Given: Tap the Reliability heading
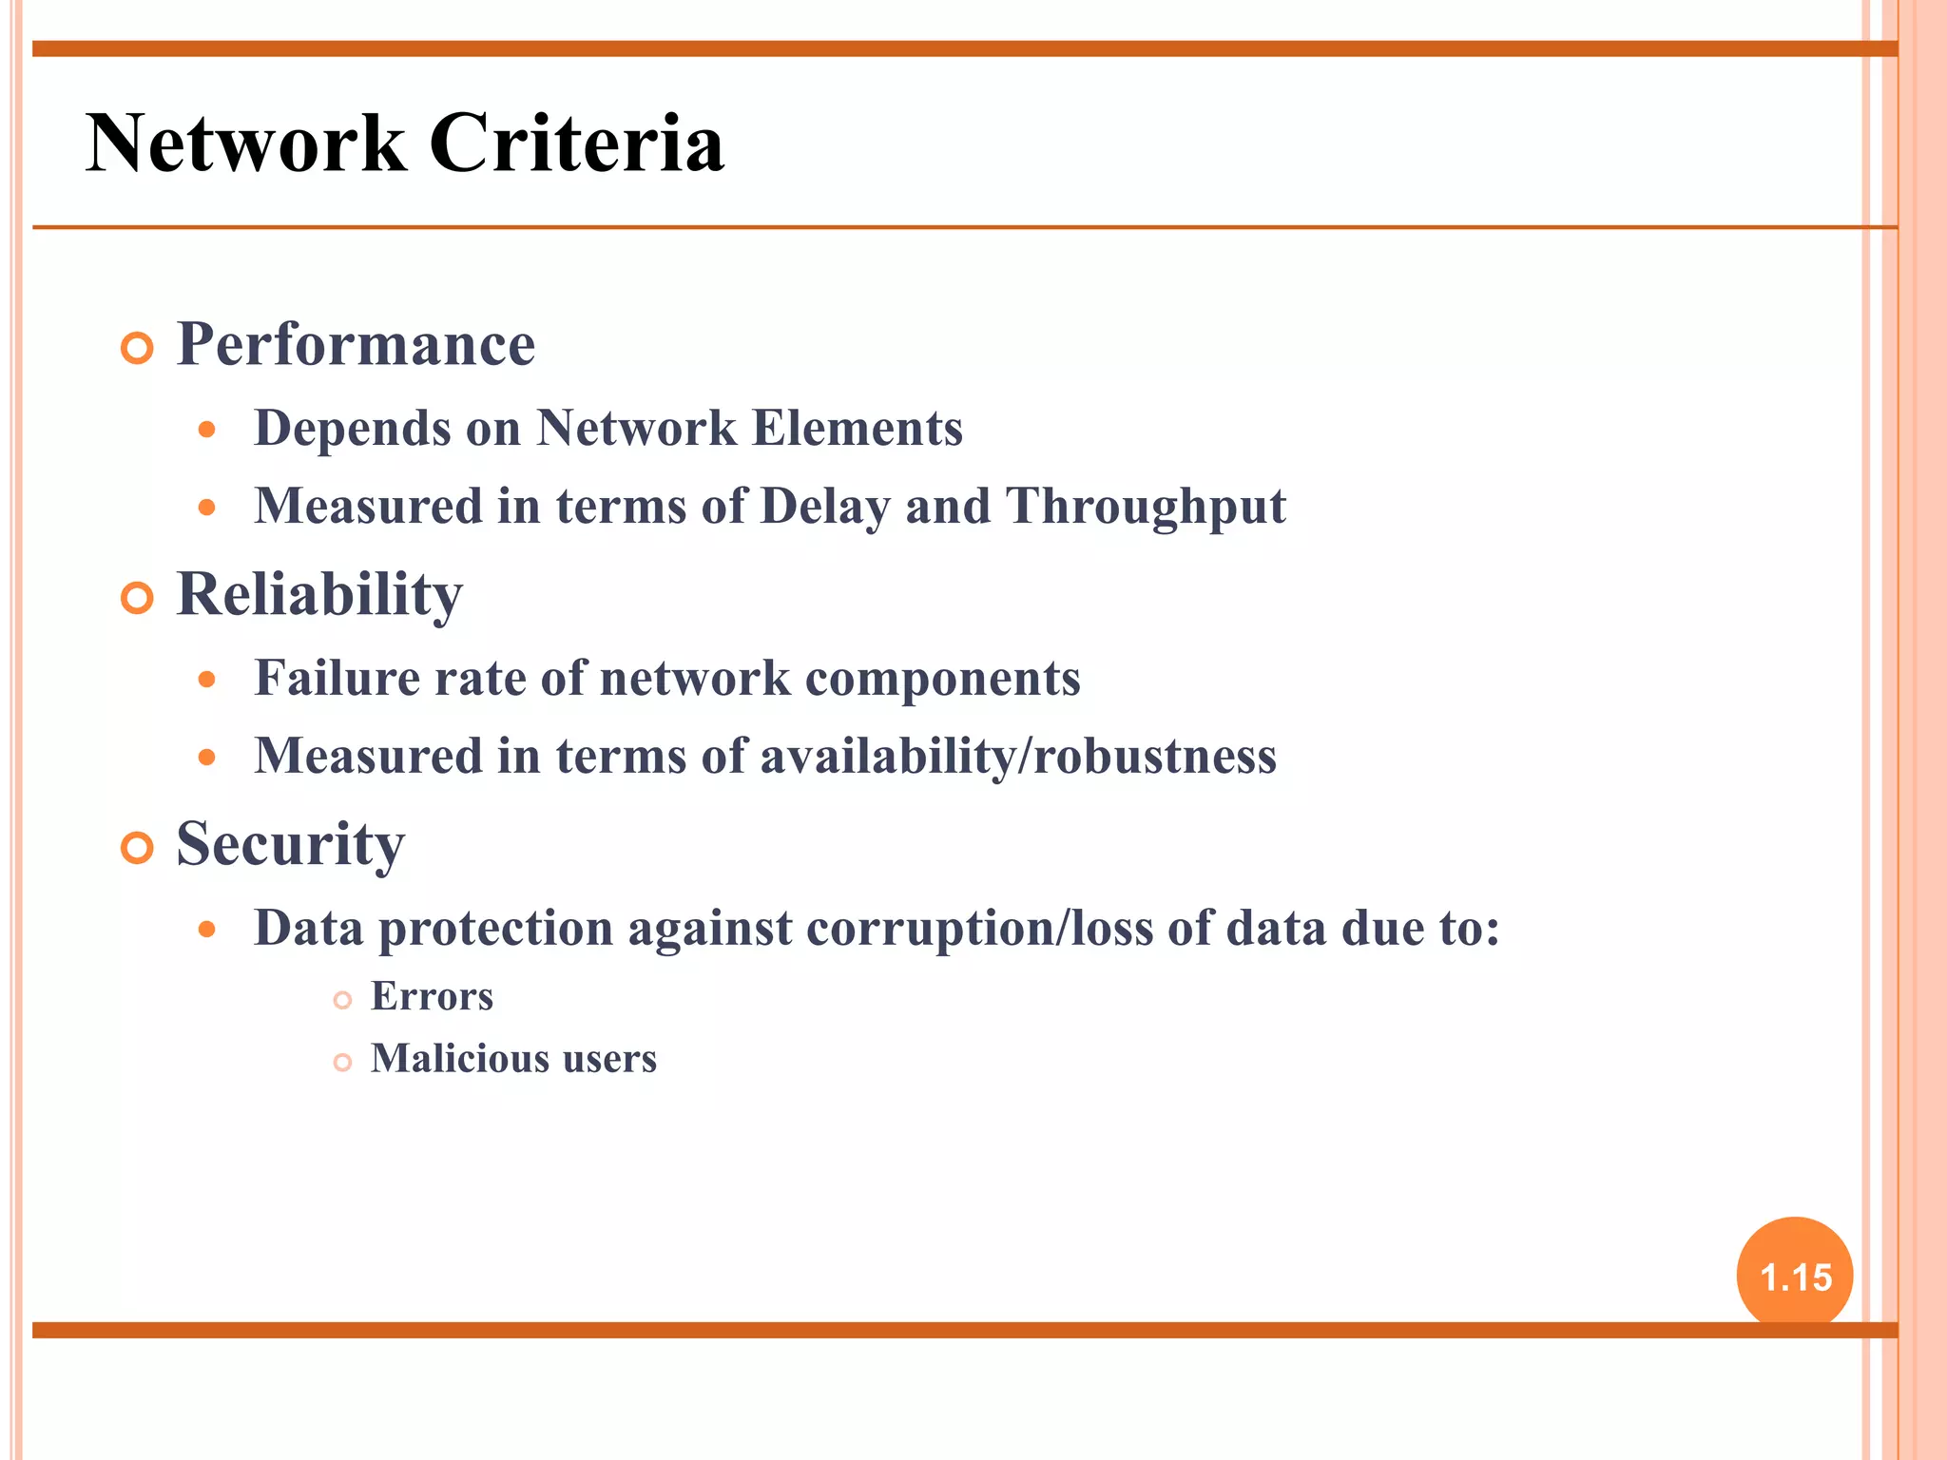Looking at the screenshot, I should coord(319,595).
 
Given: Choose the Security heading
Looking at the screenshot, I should coord(290,844).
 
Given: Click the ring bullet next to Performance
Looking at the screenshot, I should coord(138,349).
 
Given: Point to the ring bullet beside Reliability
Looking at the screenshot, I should coord(138,599).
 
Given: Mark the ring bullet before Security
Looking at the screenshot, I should coord(138,848).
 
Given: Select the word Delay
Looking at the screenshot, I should coord(825,507).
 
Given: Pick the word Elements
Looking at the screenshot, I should coord(857,428).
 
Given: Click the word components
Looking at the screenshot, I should coord(942,680).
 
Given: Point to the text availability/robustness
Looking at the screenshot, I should coord(1017,757).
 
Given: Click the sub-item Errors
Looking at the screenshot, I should coord(432,997).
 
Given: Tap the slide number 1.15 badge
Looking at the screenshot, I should coord(1794,1277).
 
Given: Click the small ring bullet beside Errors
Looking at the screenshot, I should coord(343,1000).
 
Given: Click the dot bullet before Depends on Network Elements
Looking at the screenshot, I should coord(207,430).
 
